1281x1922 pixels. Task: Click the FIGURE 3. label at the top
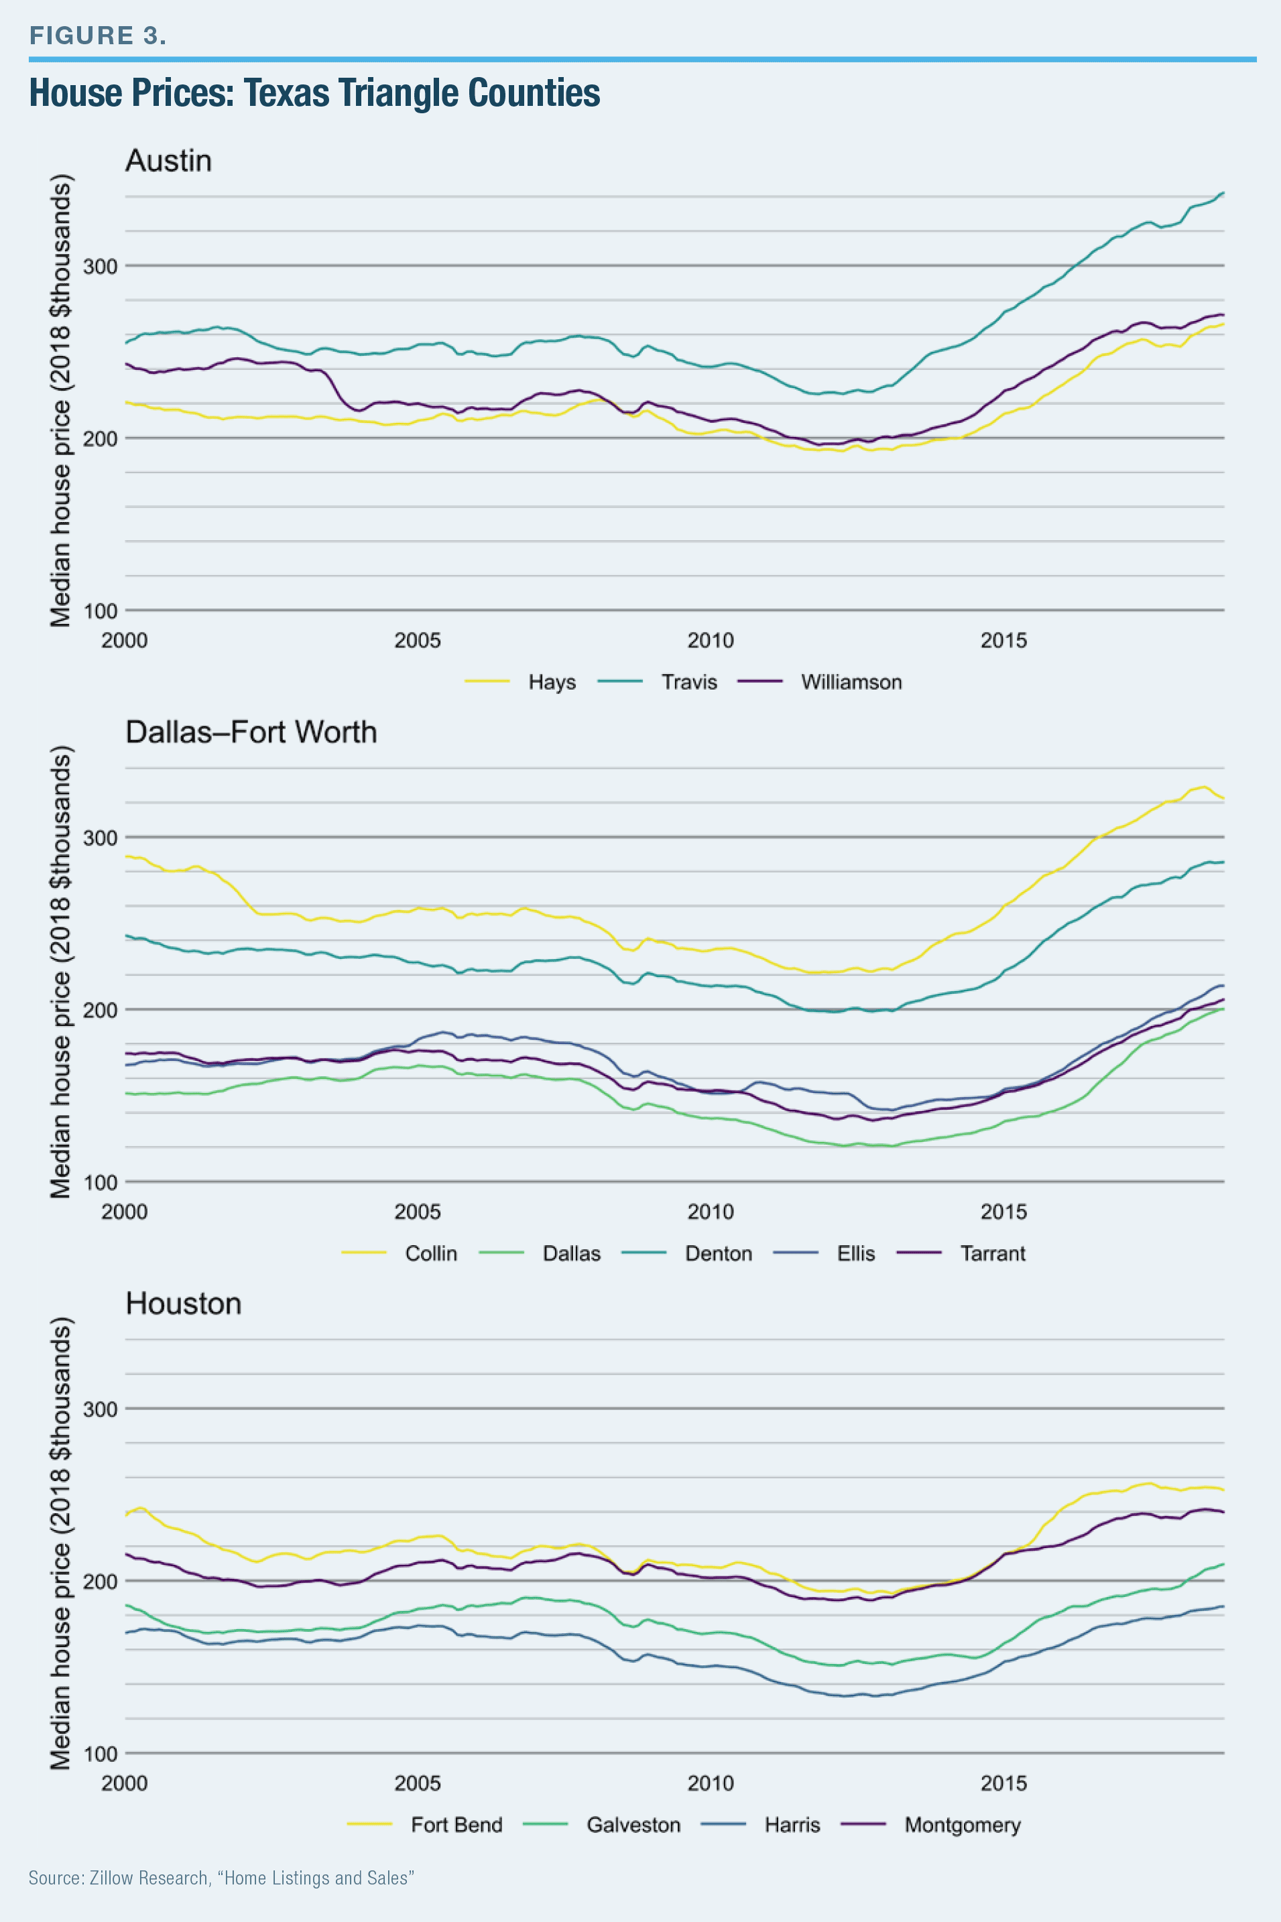coord(97,35)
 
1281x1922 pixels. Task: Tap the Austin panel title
coord(168,161)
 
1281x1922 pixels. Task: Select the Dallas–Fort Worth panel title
coord(251,732)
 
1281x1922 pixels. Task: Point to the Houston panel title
coord(183,1303)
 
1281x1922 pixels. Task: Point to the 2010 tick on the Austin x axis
coord(710,641)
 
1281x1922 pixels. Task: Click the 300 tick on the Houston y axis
coord(101,1409)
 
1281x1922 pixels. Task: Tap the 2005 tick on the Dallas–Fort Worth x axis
coord(418,1212)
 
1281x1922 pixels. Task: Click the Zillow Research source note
coord(221,1878)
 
